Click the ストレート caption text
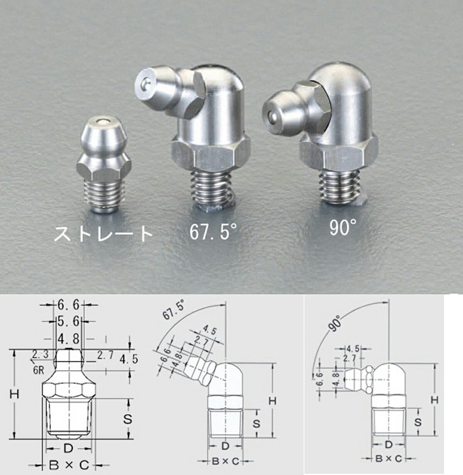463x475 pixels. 103,233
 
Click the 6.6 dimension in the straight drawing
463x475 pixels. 68,305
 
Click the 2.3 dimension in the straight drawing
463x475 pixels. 40,354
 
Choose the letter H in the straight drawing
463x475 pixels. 15,394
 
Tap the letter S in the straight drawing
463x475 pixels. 128,419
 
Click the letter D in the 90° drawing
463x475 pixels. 389,445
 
